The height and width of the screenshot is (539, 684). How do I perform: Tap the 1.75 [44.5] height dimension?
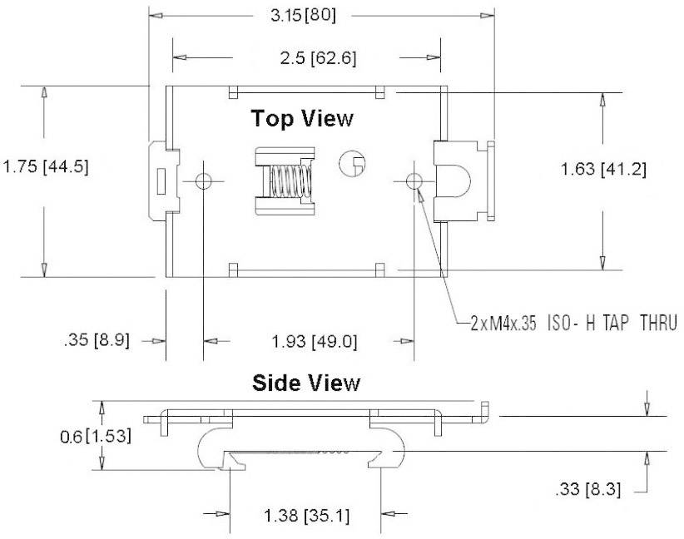coord(45,166)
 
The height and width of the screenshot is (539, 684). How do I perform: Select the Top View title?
coord(302,118)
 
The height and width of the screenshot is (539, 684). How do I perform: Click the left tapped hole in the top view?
coord(203,181)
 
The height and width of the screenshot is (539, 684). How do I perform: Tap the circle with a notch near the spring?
coord(351,164)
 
